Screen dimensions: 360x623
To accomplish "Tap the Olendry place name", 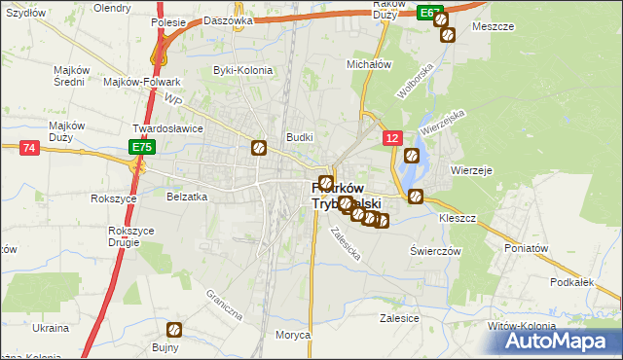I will coord(111,8).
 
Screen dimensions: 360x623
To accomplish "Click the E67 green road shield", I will coord(429,12).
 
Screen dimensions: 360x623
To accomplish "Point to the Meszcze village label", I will coord(493,27).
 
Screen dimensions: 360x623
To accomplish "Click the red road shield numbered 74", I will coord(28,147).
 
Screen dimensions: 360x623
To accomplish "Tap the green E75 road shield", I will coord(142,147).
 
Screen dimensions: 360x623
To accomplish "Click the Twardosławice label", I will coord(167,127).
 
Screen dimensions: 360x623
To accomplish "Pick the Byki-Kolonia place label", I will coord(242,70).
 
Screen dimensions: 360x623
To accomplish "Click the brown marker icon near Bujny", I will coord(174,330).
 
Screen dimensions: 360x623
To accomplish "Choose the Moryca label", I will coord(292,335).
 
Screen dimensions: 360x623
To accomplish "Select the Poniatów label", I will coord(527,248).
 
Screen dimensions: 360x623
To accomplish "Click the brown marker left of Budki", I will coord(260,148).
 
